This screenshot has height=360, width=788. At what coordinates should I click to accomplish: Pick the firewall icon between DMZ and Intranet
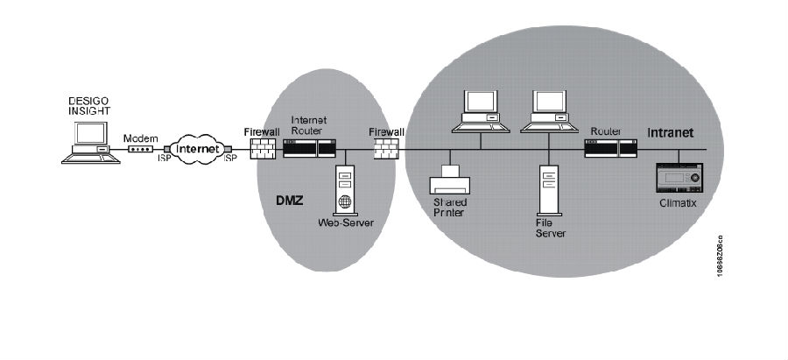tap(385, 148)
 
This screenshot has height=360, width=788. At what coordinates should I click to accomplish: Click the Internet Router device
tap(309, 147)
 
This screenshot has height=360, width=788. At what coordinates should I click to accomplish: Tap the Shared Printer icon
tap(450, 181)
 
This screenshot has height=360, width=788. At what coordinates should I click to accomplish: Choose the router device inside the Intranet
tap(611, 147)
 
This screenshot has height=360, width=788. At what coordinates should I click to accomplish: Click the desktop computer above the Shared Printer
tap(481, 112)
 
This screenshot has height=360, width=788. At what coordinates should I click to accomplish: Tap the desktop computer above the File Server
tap(549, 112)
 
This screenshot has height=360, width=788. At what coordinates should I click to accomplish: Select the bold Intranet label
tap(671, 132)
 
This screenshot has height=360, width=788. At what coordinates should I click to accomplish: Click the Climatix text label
tap(679, 202)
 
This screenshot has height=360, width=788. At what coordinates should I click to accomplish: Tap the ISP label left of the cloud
tap(162, 159)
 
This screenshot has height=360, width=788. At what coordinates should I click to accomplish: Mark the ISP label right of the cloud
tap(230, 159)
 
